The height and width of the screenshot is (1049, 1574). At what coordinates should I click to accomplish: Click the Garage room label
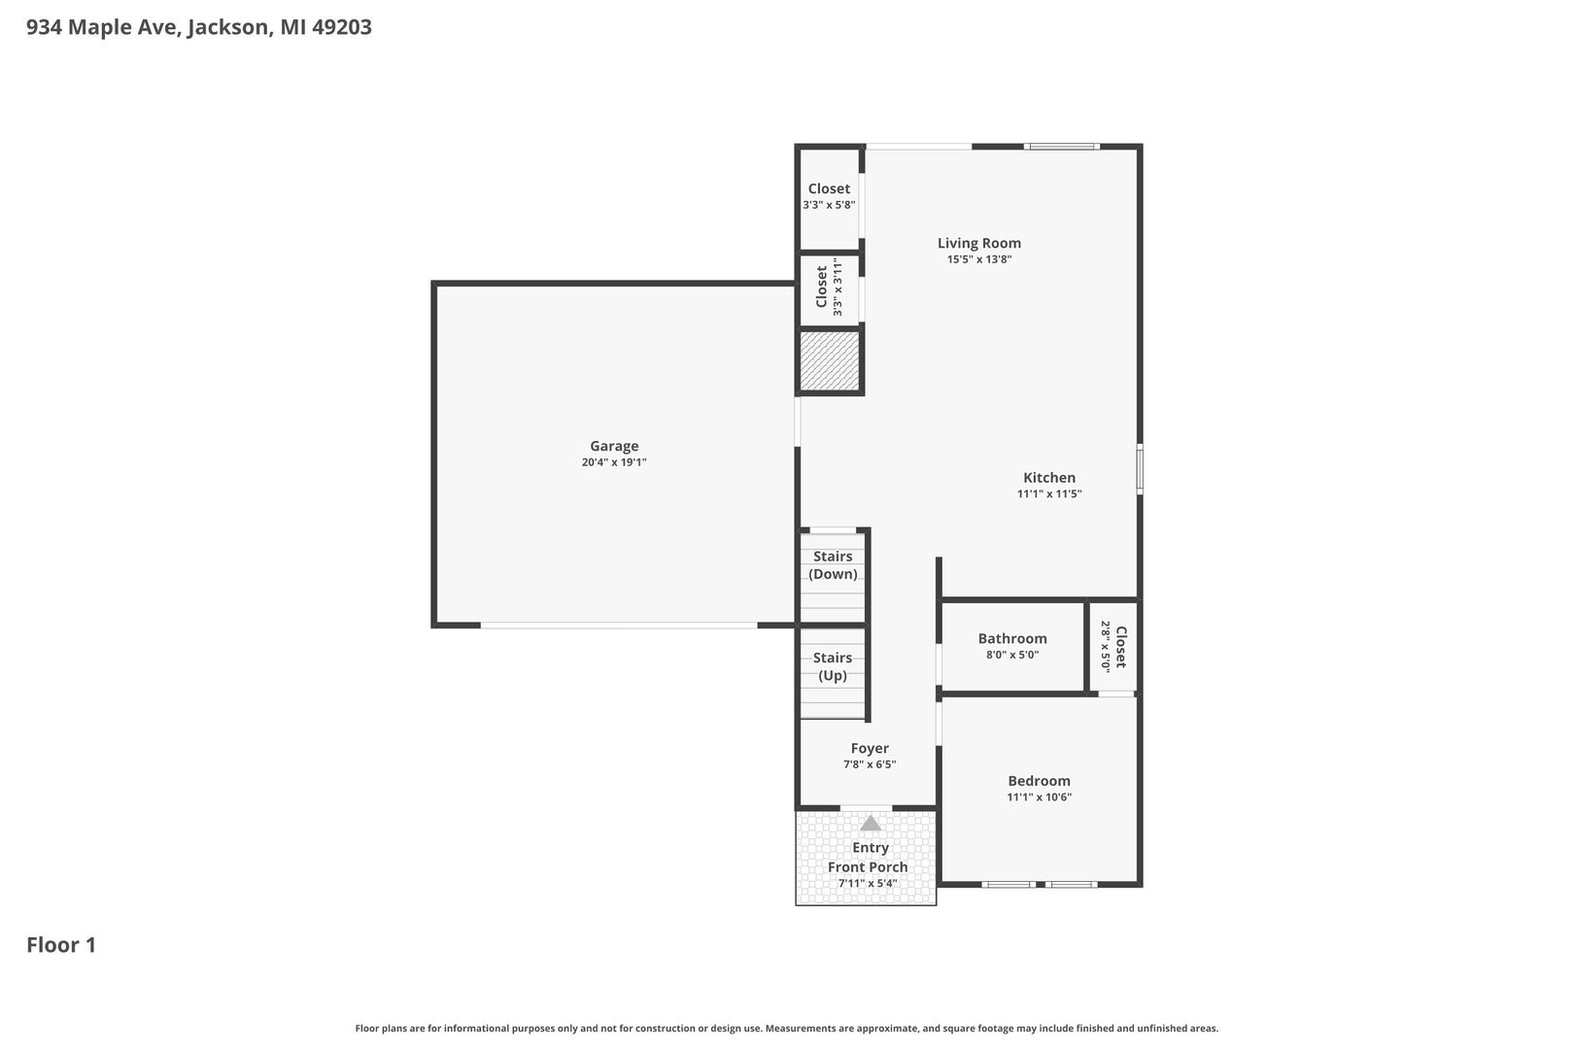click(614, 446)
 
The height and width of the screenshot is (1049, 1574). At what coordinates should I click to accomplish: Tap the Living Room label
click(978, 243)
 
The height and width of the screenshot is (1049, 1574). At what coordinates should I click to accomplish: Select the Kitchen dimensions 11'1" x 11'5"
click(1049, 494)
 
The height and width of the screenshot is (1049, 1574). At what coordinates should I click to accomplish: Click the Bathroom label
click(1012, 639)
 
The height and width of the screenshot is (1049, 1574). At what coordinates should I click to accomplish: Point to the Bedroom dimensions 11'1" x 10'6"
click(1040, 796)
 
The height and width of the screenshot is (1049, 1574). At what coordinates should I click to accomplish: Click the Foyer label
click(870, 748)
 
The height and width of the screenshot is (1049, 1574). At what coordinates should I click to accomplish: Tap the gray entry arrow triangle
click(871, 823)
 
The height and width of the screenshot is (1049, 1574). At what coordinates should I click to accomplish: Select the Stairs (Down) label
click(833, 565)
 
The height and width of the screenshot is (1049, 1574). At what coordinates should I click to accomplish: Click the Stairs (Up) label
click(833, 666)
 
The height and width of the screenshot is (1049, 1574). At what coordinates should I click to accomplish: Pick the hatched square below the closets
click(830, 361)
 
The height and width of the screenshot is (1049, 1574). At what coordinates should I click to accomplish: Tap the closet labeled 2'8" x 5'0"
click(1113, 647)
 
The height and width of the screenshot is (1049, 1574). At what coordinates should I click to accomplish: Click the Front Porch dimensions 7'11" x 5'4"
click(868, 883)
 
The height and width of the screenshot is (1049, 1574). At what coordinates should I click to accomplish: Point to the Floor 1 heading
click(61, 945)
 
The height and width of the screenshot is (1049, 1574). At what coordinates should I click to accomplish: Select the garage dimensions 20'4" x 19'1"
click(614, 462)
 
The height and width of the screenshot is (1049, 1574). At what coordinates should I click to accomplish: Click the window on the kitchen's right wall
click(1140, 468)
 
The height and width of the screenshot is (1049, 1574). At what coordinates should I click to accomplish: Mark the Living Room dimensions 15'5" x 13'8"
click(978, 259)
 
